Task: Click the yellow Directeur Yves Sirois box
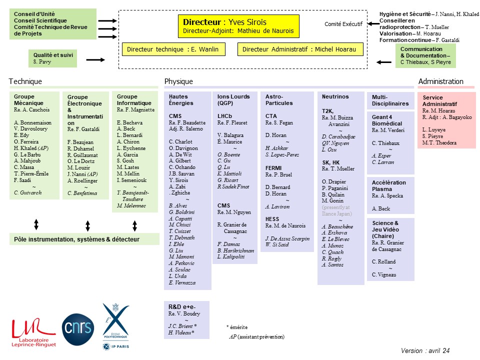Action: (x=239, y=26)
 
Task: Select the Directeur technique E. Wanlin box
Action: (x=173, y=49)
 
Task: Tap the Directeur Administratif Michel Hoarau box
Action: (x=300, y=49)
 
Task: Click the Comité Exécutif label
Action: (x=343, y=24)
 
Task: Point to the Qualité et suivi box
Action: (x=53, y=58)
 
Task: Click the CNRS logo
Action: (x=78, y=329)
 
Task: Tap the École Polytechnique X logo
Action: (x=115, y=326)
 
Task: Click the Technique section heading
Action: (x=25, y=81)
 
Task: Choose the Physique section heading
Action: (x=179, y=81)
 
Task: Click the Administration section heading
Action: (x=441, y=81)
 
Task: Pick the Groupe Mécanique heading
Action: (x=28, y=100)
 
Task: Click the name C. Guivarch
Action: (x=28, y=192)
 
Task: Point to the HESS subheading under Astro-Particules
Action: (x=272, y=219)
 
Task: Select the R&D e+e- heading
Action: (x=182, y=306)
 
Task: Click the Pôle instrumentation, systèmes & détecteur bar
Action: (x=84, y=239)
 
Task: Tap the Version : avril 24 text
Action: (x=425, y=350)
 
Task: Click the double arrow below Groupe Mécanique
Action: (x=36, y=224)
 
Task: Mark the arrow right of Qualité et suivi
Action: (x=95, y=59)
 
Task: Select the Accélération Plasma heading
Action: (x=389, y=186)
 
